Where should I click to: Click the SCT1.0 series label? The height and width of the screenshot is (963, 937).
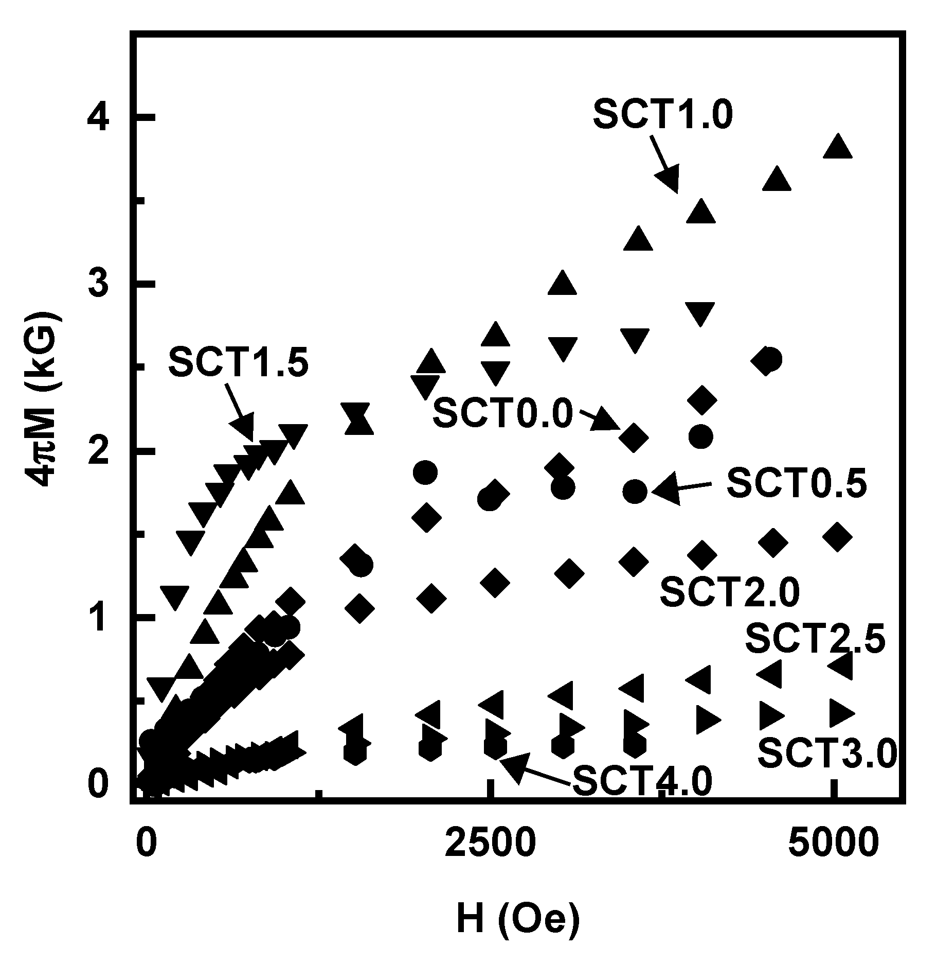[663, 115]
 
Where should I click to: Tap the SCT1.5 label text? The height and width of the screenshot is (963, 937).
[239, 363]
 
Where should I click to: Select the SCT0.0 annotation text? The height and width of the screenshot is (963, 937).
[502, 413]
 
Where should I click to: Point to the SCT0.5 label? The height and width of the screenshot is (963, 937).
[797, 484]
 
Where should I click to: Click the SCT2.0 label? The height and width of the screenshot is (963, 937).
[730, 592]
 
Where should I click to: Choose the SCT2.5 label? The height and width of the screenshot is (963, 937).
[815, 638]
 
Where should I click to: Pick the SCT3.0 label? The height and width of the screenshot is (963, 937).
[827, 753]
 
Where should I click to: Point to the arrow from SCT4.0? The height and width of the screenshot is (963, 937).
[532, 769]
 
